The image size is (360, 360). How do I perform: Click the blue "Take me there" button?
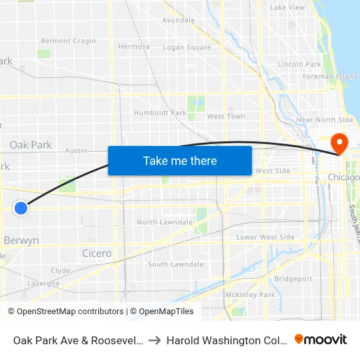180,160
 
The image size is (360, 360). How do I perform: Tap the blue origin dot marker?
21,207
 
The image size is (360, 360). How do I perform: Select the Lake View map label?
287,8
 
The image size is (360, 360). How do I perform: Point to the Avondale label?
178,20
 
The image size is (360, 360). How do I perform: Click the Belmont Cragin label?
68,41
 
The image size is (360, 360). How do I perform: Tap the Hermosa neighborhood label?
134,46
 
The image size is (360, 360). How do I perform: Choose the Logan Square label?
187,47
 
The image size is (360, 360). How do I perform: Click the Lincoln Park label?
299,64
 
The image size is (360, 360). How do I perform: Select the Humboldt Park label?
160,113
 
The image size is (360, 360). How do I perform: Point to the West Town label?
226,117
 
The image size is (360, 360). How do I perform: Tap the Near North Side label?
325,120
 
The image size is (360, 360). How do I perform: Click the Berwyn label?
21,240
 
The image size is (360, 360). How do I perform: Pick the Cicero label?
97,253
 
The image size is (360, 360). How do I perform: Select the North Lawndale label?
164,222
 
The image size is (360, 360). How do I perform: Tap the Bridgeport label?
293,279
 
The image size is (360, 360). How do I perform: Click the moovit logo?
321,339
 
